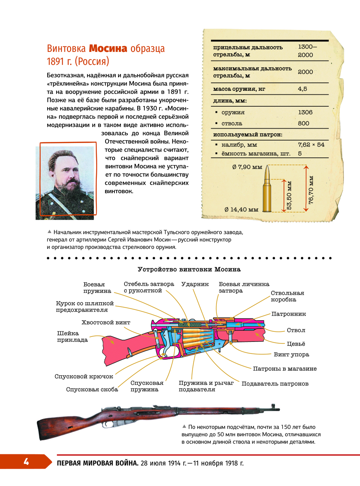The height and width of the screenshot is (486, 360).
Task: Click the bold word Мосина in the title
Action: [x=108, y=49]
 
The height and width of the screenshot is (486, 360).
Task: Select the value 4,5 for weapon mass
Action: [x=302, y=89]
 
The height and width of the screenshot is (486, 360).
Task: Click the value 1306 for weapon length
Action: [x=305, y=112]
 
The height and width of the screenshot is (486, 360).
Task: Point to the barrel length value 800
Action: [x=303, y=123]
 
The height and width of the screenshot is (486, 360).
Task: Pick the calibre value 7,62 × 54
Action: [x=311, y=144]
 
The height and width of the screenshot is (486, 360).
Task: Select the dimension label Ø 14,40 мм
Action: [x=241, y=210]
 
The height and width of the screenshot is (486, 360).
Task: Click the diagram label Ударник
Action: [x=195, y=284]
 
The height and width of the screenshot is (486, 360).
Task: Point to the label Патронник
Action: [x=289, y=314]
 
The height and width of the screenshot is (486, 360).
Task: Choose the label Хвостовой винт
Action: [x=106, y=322]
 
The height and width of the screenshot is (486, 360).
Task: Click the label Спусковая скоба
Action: [x=92, y=389]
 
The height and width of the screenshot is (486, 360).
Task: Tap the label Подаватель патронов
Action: [x=275, y=384]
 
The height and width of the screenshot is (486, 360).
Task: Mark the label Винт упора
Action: [x=291, y=355]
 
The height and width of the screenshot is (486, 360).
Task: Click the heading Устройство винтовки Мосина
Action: [x=189, y=269]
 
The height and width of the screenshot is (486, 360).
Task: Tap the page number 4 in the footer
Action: [x=26, y=462]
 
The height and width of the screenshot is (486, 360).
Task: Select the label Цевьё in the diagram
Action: [x=296, y=344]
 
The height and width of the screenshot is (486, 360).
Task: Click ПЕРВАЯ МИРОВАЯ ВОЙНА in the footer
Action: [x=98, y=463]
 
